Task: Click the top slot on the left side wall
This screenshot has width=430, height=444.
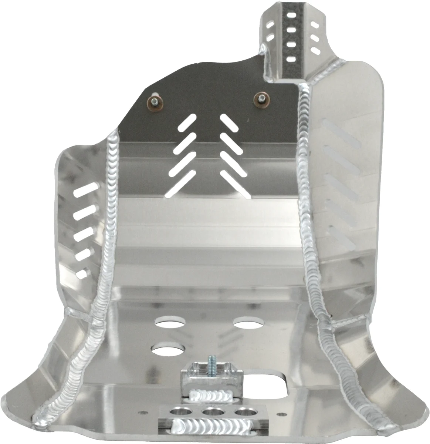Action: [85, 192]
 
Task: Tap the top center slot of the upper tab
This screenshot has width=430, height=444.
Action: [291, 17]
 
